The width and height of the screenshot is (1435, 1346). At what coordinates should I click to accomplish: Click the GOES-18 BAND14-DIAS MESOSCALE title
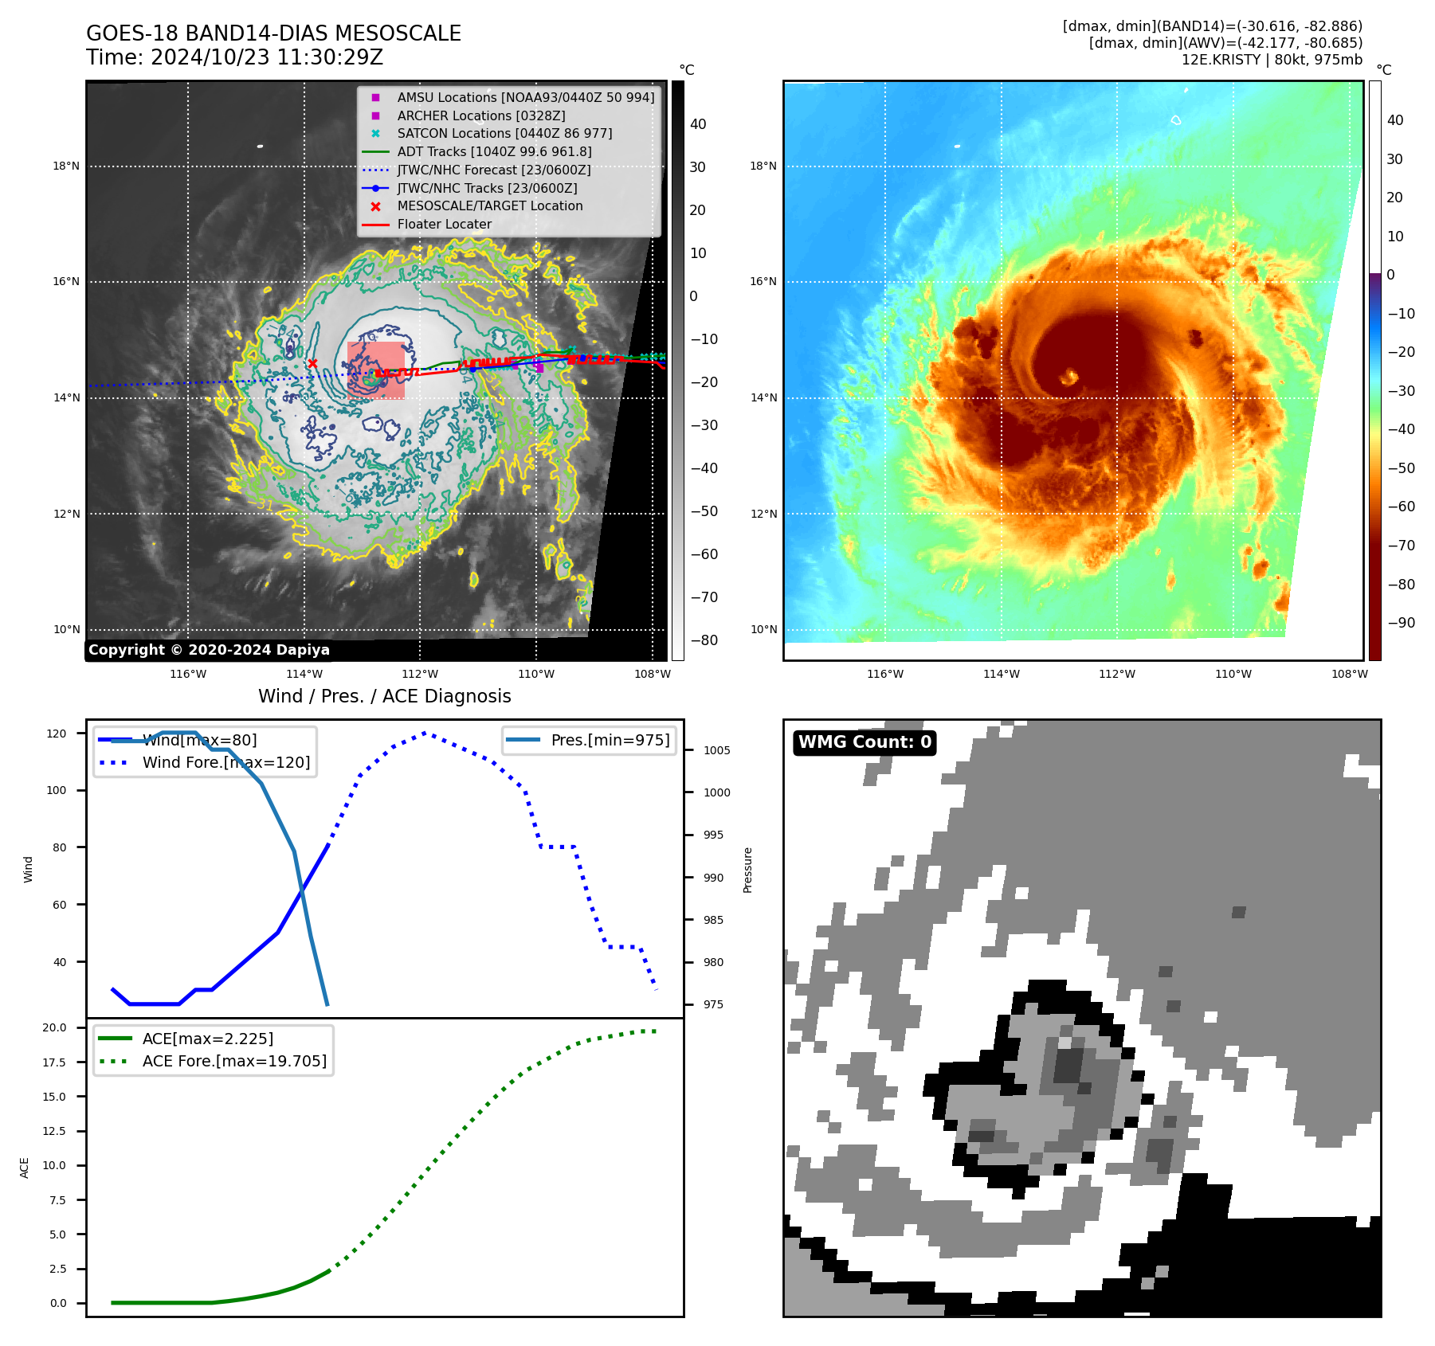pyautogui.click(x=273, y=33)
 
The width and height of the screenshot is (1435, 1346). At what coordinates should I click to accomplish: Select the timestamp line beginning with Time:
pyautogui.click(x=234, y=57)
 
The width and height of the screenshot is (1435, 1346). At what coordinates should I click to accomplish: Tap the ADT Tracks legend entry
pyautogui.click(x=494, y=151)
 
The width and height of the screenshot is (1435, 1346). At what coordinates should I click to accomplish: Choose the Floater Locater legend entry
pyautogui.click(x=444, y=224)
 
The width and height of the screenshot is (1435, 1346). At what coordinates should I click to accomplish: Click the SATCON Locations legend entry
pyautogui.click(x=504, y=133)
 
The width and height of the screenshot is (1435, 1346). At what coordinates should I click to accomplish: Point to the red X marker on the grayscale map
pyautogui.click(x=312, y=364)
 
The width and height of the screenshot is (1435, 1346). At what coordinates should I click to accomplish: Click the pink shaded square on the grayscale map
pyautogui.click(x=375, y=370)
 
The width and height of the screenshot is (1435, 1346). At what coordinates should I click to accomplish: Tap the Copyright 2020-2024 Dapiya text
pyautogui.click(x=209, y=650)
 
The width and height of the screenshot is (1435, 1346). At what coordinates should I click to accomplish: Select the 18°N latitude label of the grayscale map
pyautogui.click(x=67, y=166)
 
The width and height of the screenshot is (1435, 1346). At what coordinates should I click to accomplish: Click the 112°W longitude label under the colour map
pyautogui.click(x=1117, y=674)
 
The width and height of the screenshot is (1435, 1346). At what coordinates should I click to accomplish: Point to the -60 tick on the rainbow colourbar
pyautogui.click(x=1401, y=507)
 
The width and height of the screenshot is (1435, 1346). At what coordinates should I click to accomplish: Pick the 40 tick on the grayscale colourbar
pyautogui.click(x=698, y=124)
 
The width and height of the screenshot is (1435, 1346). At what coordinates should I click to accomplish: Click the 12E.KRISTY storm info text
pyautogui.click(x=1272, y=60)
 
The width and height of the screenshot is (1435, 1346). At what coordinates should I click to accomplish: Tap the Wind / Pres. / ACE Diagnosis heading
pyautogui.click(x=384, y=696)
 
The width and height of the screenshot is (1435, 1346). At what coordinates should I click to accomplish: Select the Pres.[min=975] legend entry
pyautogui.click(x=610, y=740)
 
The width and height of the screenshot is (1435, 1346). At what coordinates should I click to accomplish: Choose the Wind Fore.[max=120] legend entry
pyautogui.click(x=225, y=762)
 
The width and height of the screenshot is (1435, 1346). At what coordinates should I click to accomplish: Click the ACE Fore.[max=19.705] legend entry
pyautogui.click(x=234, y=1061)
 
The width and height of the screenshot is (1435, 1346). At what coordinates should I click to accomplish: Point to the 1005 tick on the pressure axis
pyautogui.click(x=716, y=750)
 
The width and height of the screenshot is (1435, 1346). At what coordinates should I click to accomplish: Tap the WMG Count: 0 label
pyautogui.click(x=865, y=742)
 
